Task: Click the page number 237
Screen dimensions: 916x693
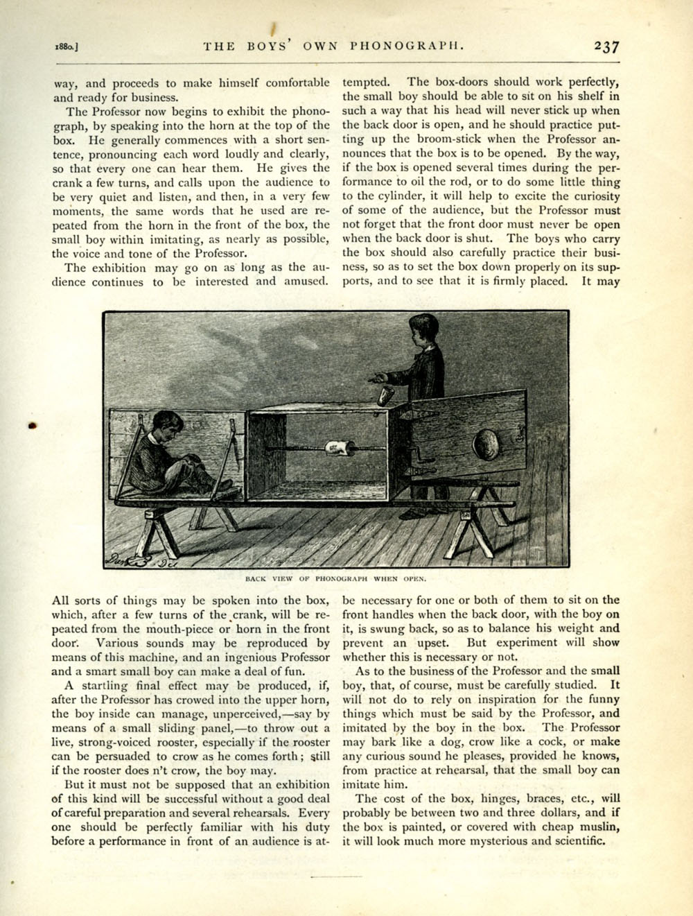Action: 606,47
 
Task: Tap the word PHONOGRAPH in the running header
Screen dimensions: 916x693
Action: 405,47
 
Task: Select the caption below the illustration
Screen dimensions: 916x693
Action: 336,577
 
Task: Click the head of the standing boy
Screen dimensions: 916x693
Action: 423,330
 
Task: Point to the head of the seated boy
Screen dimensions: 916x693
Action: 164,424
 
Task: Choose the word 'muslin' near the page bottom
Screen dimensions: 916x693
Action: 597,827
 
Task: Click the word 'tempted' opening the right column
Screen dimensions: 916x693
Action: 366,83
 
